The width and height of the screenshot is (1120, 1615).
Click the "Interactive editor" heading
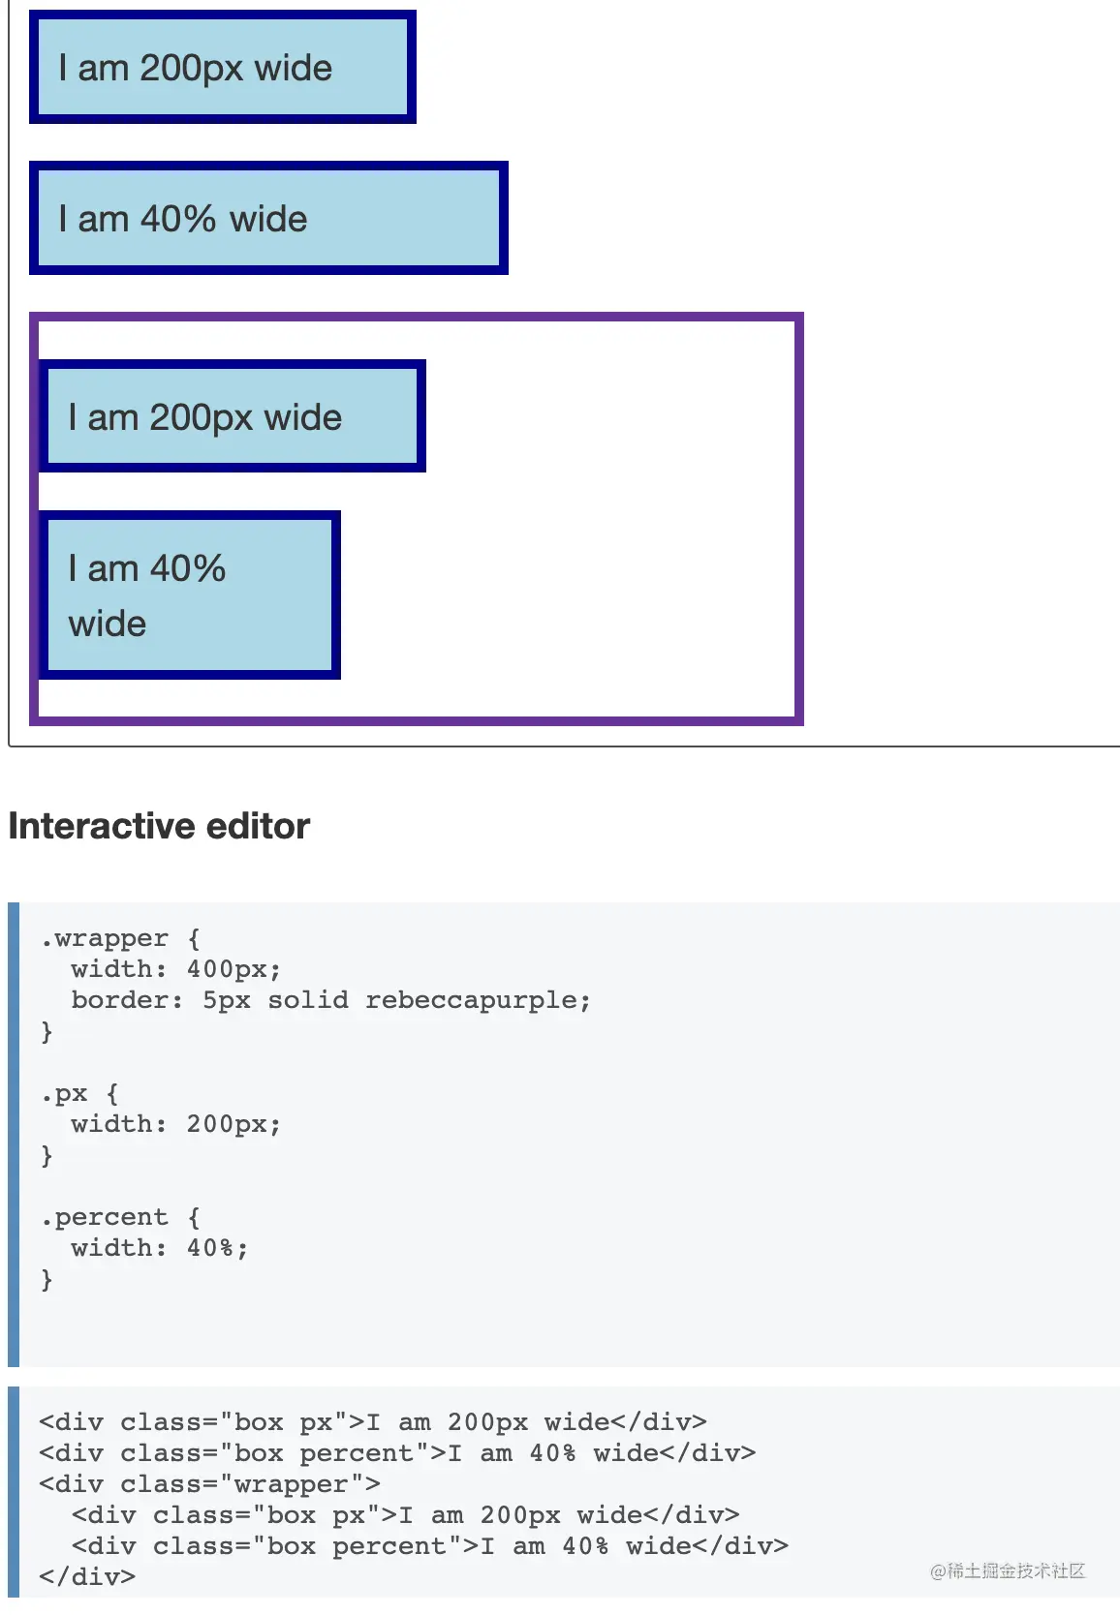tap(159, 826)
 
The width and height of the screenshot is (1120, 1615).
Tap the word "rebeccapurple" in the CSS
tap(477, 1000)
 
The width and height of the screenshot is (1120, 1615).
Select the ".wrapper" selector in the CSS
tap(105, 938)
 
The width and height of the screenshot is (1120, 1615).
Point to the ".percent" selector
tap(105, 1217)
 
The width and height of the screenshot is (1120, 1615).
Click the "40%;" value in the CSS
tap(217, 1248)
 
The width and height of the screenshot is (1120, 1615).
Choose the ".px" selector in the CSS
tap(64, 1093)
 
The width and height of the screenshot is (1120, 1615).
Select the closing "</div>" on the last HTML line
tap(87, 1577)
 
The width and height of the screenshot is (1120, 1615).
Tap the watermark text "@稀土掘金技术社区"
tap(1008, 1571)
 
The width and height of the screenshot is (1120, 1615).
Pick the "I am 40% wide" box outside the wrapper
tap(268, 218)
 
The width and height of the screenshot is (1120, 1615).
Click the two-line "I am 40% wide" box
tap(190, 594)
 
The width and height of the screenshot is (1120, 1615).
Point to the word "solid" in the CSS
tap(307, 1000)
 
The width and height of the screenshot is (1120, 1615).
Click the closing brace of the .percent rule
tap(47, 1280)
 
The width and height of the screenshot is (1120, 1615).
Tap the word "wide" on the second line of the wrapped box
tap(108, 624)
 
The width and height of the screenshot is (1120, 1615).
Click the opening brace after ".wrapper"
tap(194, 938)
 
